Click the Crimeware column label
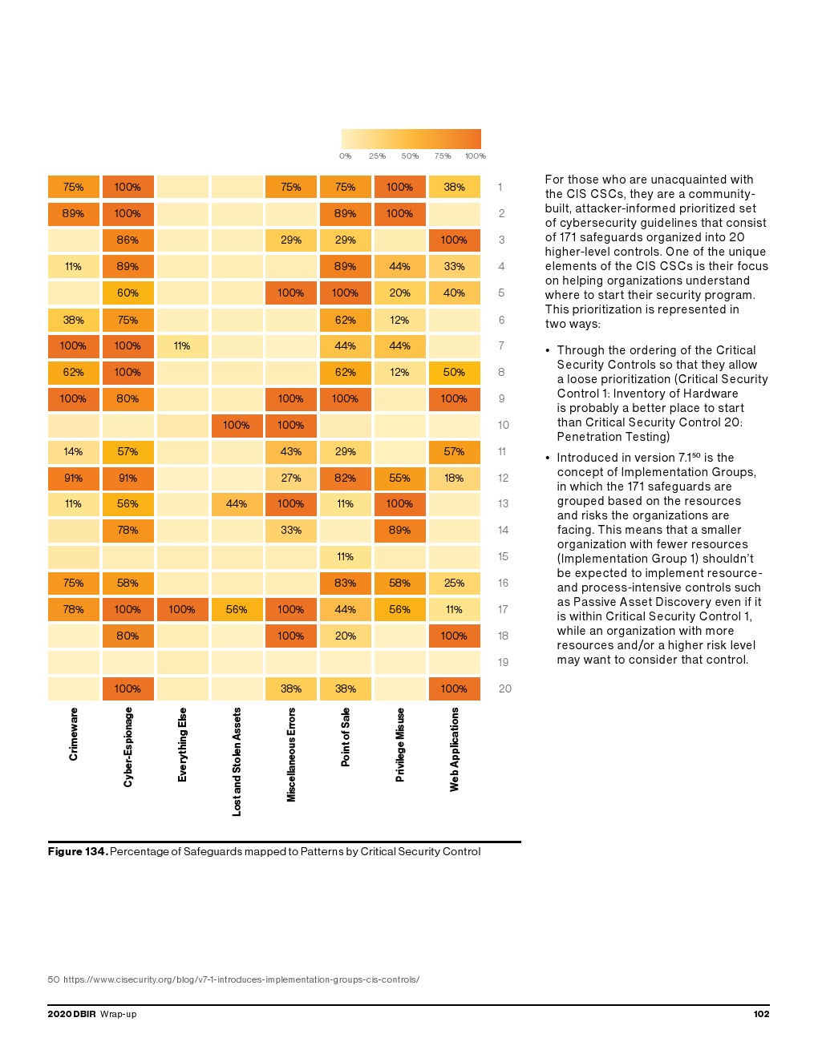pos(74,734)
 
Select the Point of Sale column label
pos(346,737)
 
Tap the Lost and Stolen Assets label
pos(237,761)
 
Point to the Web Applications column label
pos(455,749)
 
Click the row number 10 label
pos(504,425)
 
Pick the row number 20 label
pos(505,689)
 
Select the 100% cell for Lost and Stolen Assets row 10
pos(237,425)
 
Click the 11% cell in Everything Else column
pos(182,346)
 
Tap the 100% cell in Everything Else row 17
pos(182,609)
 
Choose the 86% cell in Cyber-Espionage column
pos(128,240)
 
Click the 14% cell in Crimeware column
pos(73,451)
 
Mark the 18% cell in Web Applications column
pos(454,478)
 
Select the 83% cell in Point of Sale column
pos(346,583)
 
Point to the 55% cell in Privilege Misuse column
pos(399,478)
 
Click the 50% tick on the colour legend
pos(410,156)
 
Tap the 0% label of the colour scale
pos(346,156)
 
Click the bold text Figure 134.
pos(77,851)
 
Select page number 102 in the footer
pos(761,1014)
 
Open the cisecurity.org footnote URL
pos(241,979)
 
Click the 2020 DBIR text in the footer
pos(71,1014)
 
